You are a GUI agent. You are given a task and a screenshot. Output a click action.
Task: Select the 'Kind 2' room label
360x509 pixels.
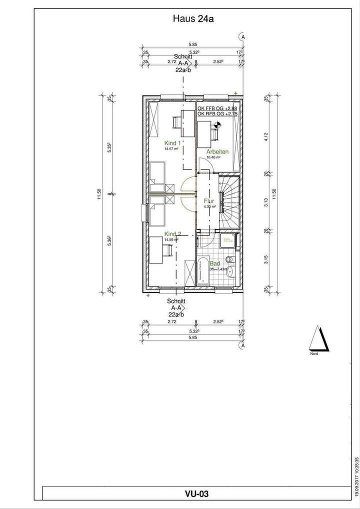[172, 234]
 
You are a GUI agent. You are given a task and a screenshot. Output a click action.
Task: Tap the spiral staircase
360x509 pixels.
[229, 200]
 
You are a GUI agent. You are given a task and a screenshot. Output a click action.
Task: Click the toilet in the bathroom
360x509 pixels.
[229, 259]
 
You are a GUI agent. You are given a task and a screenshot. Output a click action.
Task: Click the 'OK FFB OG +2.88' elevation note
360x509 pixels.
[217, 108]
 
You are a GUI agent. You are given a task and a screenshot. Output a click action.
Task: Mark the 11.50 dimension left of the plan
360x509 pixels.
[100, 192]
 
